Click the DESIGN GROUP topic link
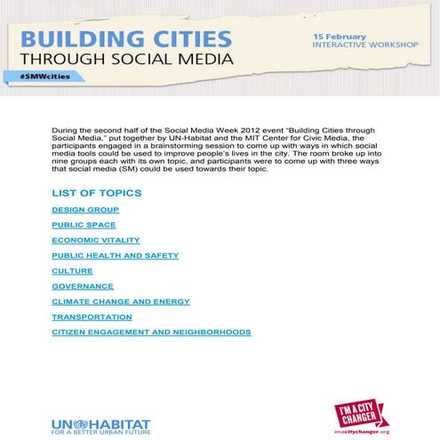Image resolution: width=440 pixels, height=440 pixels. [x=85, y=210]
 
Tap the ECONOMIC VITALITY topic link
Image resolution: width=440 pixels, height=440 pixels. [x=95, y=240]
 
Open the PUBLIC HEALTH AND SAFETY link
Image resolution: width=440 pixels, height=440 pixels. [x=115, y=255]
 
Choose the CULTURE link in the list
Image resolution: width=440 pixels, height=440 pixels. [x=72, y=271]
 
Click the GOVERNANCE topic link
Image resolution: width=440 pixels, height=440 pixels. [x=83, y=286]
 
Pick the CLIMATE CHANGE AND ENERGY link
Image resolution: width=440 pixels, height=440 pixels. [x=121, y=301]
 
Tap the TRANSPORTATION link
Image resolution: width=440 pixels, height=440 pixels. [x=92, y=316]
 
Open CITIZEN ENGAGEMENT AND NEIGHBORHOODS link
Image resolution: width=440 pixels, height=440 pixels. [x=151, y=332]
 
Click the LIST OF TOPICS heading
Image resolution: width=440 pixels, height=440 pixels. [x=96, y=193]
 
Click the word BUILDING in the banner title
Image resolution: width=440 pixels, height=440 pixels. [x=73, y=40]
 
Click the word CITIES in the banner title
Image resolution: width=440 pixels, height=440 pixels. [x=181, y=40]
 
